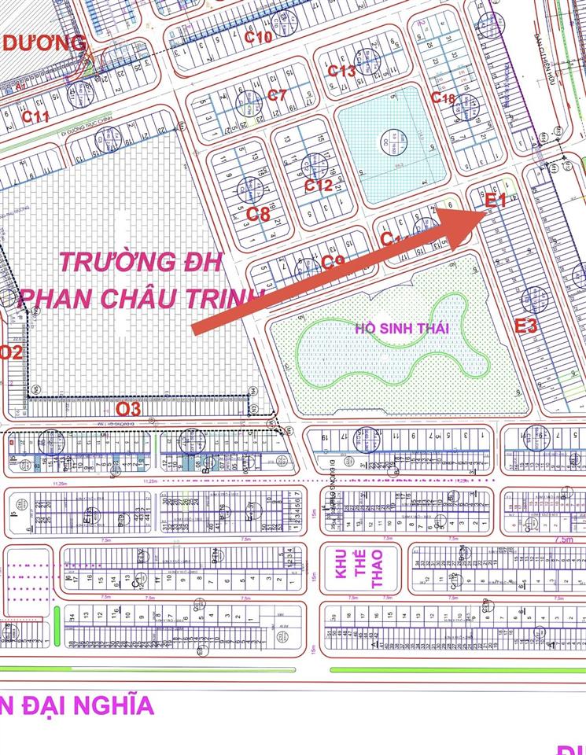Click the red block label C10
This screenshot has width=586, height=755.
coord(257,36)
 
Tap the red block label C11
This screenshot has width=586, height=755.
coord(36,116)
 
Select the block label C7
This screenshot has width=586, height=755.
coord(277,95)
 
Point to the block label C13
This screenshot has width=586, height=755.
coord(341,71)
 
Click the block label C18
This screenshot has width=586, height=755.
coord(443,98)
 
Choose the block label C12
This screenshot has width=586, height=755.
coord(319,186)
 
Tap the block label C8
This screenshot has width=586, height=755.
coord(258,214)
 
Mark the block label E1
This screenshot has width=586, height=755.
coord(496,201)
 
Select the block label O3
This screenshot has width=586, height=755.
coord(128,409)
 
